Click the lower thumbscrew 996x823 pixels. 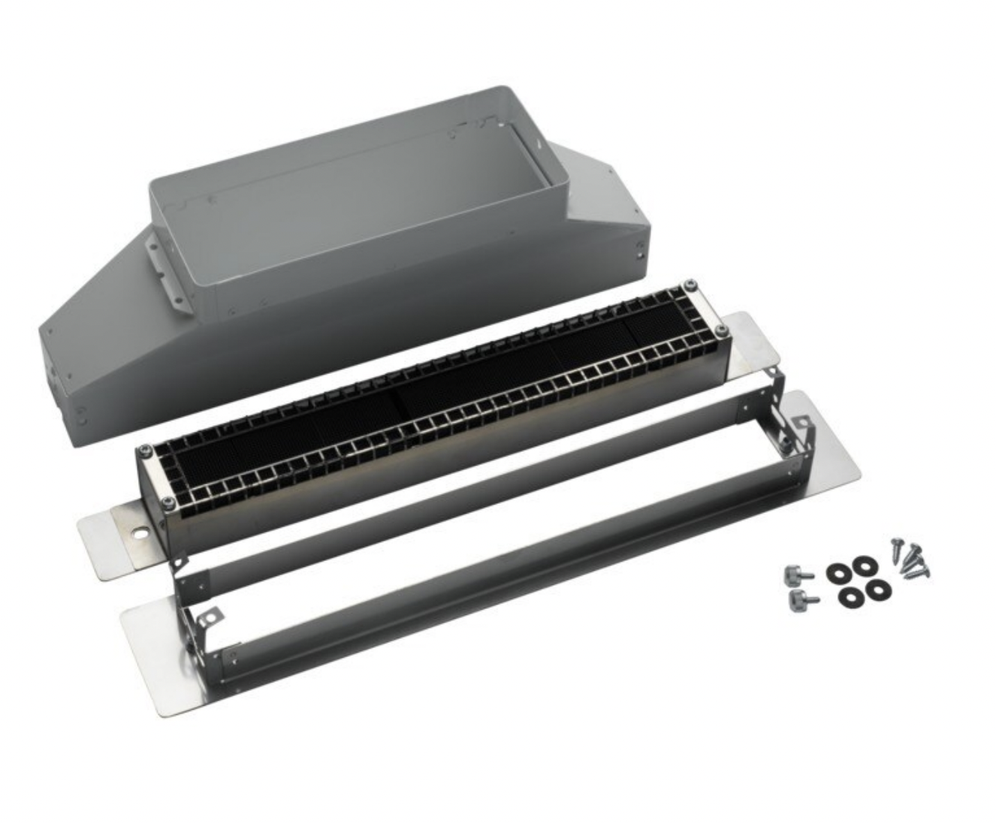coord(798,600)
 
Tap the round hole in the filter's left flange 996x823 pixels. coord(140,535)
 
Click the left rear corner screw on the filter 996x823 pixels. coord(145,450)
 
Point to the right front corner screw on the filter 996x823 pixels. coord(720,331)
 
